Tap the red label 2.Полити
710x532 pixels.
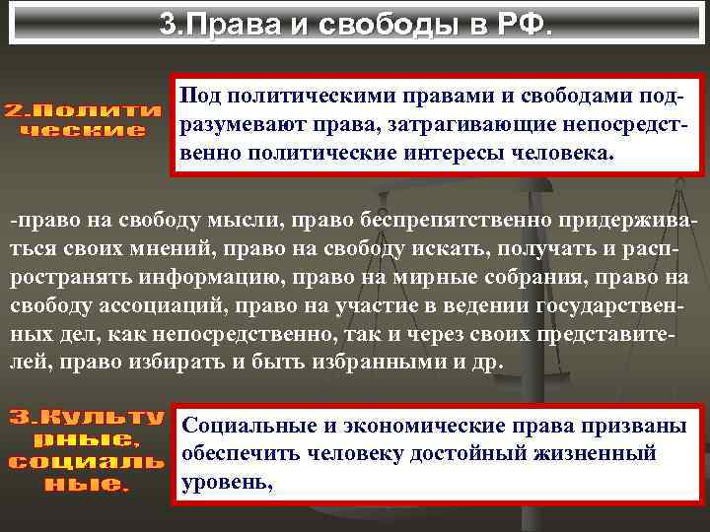(84, 110)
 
